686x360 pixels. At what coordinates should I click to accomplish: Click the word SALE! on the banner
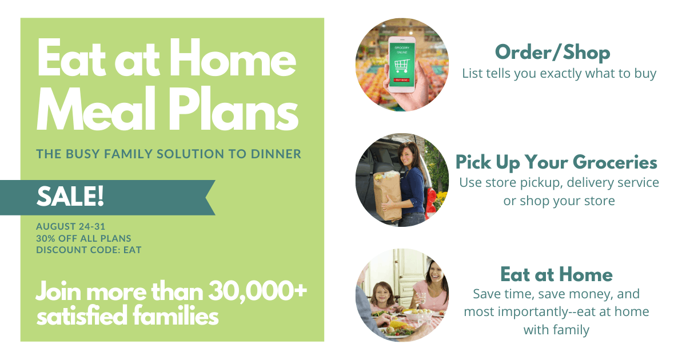click(x=70, y=196)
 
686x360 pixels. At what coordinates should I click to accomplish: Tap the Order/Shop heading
click(x=552, y=53)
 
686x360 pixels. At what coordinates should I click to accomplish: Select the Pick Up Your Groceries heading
click(x=556, y=162)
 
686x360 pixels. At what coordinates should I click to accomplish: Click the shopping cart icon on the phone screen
click(x=402, y=66)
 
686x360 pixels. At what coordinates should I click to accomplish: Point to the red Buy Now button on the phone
click(x=401, y=80)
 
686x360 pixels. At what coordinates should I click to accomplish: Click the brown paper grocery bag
click(x=388, y=197)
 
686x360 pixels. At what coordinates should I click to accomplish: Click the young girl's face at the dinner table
click(x=382, y=294)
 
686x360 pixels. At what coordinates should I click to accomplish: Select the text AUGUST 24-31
click(x=70, y=226)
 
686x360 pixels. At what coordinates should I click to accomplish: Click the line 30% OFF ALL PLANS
click(x=83, y=238)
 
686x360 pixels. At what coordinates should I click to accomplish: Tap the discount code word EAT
click(x=132, y=250)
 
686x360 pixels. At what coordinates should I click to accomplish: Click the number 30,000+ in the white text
click(x=257, y=291)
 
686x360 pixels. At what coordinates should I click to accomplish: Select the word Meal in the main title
click(x=96, y=110)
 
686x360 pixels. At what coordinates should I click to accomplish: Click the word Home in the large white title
click(x=233, y=58)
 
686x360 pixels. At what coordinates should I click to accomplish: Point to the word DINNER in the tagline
click(x=276, y=154)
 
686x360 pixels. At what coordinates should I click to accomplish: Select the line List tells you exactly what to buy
click(x=559, y=74)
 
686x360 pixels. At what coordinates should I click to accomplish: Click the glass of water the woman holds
click(x=421, y=298)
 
